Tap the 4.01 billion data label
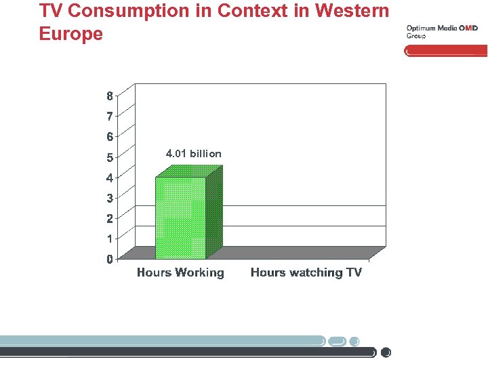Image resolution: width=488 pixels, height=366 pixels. [193, 154]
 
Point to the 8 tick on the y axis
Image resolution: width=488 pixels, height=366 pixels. [110, 96]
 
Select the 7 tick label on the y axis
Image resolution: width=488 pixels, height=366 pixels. [110, 117]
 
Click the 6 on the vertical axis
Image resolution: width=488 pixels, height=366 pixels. [110, 137]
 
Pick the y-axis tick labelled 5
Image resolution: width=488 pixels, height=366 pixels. [110, 157]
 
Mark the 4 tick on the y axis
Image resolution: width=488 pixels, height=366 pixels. [110, 178]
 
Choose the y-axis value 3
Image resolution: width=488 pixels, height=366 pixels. [110, 198]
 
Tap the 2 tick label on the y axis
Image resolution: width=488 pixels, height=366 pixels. [110, 218]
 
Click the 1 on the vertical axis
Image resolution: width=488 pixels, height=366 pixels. [110, 239]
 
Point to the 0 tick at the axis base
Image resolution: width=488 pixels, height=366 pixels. [110, 259]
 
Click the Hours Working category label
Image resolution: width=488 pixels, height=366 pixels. [180, 272]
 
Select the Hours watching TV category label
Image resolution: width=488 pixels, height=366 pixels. [306, 272]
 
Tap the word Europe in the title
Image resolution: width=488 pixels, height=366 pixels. [71, 34]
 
